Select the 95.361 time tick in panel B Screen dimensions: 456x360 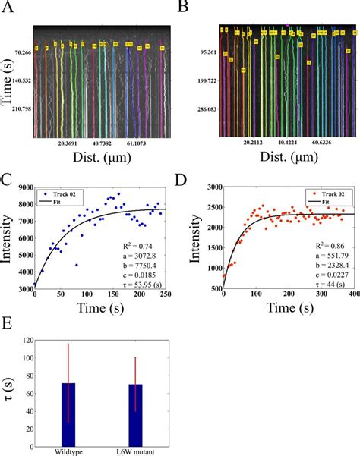(201, 54)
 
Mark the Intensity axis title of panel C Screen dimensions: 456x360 (7, 244)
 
